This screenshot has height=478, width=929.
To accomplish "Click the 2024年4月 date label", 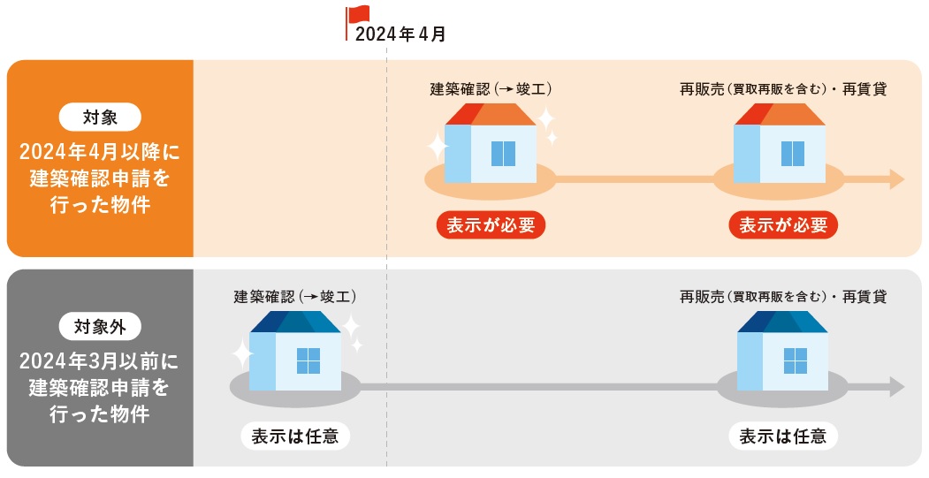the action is [x=400, y=34].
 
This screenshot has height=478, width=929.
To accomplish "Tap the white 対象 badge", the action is [x=100, y=118].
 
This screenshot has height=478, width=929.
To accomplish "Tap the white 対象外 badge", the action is [x=100, y=326].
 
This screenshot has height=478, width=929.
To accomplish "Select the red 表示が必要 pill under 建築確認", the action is [x=491, y=225].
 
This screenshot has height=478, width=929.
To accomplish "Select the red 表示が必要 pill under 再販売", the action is [x=783, y=225].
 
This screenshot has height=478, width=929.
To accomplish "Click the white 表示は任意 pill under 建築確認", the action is [x=295, y=436].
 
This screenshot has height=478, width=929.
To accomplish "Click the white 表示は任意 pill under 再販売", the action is [x=783, y=436].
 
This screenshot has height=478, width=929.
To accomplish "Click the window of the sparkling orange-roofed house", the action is [x=503, y=154].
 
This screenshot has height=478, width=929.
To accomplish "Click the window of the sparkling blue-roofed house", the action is [x=308, y=360].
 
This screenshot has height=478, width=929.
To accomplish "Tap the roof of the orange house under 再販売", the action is [x=780, y=115].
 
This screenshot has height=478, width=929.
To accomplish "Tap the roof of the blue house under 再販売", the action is [x=782, y=322].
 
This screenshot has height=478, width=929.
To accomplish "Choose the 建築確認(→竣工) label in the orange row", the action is [x=491, y=89].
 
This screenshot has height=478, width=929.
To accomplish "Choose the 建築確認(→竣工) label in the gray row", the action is [x=295, y=297].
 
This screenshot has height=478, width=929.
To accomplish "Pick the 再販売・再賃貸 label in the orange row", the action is [x=783, y=89].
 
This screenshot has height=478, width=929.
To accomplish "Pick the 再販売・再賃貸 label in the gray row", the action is [x=783, y=297].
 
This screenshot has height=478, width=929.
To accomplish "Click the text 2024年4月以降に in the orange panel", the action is [x=100, y=152].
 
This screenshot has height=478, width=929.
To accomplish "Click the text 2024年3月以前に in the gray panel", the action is [x=100, y=361].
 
